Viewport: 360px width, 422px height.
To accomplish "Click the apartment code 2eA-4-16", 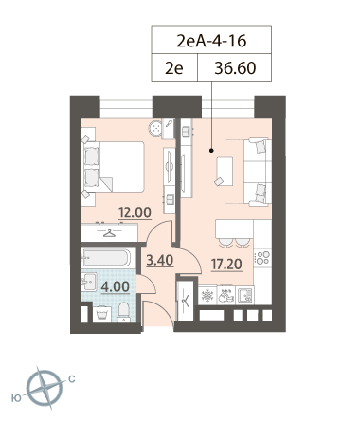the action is [211, 41].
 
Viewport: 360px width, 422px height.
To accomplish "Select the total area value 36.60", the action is [235, 68].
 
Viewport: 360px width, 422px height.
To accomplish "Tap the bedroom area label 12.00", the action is [135, 212].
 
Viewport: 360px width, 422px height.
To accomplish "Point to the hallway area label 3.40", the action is [160, 261].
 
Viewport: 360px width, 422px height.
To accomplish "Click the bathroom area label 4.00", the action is [116, 286].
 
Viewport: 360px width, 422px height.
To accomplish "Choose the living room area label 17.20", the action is [226, 265].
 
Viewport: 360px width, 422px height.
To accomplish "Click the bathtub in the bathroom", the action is [106, 258].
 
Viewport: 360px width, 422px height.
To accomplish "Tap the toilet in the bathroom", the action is [124, 312].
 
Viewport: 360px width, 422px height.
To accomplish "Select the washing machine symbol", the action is [102, 314].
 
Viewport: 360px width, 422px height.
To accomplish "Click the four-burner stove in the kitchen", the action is [262, 257].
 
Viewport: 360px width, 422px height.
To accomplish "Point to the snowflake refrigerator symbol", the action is [207, 295].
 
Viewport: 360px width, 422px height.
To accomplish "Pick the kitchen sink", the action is [244, 295].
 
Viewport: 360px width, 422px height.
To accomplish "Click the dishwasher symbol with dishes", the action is [226, 295].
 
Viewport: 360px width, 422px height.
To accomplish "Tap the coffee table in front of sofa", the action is [225, 172].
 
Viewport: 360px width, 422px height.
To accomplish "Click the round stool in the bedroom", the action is [155, 128].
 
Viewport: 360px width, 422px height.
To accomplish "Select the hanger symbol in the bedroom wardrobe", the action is [110, 233].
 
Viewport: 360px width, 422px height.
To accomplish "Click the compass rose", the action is [44, 388].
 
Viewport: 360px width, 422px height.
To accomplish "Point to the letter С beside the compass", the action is [72, 378].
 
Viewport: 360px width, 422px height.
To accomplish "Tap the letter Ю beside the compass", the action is [16, 398].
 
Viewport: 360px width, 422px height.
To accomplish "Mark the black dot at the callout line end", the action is [211, 151].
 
